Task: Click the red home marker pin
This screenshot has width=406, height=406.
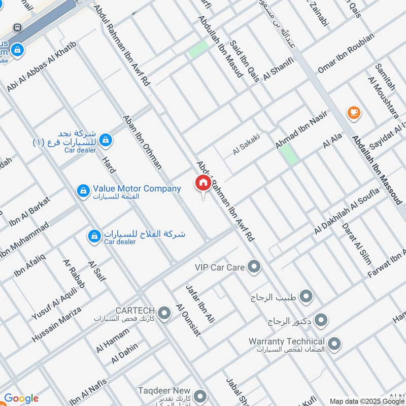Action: click(x=203, y=184)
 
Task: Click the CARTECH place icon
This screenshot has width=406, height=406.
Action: click(x=164, y=313)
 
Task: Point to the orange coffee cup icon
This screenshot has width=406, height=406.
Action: click(x=354, y=113)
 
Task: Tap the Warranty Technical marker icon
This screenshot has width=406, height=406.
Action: click(x=334, y=345)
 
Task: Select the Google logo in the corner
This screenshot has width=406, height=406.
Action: click(x=21, y=398)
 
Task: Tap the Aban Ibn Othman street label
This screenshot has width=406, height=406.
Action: click(x=142, y=142)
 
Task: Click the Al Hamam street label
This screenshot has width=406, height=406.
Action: click(x=113, y=341)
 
